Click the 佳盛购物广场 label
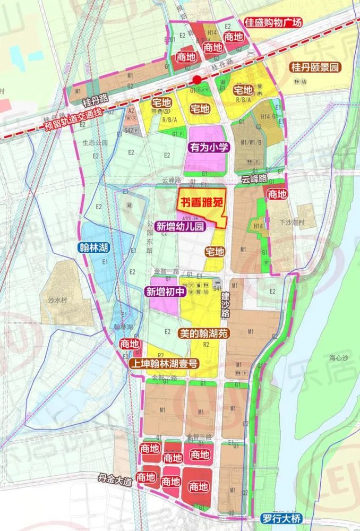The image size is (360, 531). [273, 22]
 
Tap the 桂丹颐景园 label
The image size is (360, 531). [314, 67]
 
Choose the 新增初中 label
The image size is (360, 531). [165, 291]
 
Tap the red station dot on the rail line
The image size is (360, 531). [197, 80]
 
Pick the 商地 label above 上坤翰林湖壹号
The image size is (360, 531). [130, 344]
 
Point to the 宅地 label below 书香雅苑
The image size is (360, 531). [215, 252]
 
